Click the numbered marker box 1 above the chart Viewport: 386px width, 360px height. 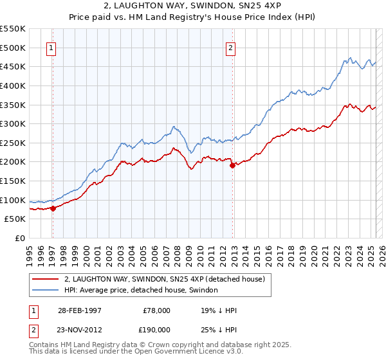coord(51,47)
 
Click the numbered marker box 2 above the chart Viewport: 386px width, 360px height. coord(230,47)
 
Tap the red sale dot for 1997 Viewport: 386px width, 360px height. coord(53,208)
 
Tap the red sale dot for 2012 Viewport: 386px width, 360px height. coord(232,165)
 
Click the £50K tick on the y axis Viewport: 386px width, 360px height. coord(15,219)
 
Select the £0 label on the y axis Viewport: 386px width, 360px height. coord(20,238)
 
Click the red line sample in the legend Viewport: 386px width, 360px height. coord(46,279)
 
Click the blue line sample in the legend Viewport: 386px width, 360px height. coord(46,291)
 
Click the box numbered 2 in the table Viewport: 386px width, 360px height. coord(34,330)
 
